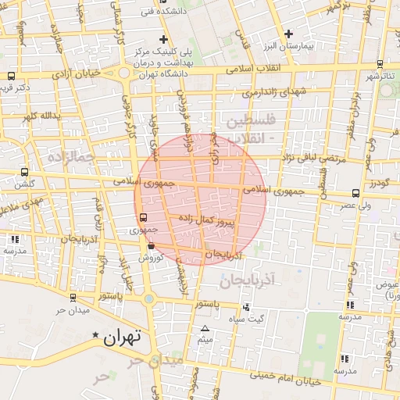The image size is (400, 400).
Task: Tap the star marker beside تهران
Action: pyautogui.click(x=96, y=335)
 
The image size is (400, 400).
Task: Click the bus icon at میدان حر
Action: pyautogui.click(x=73, y=298)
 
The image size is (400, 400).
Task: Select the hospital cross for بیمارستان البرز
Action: pyautogui.click(x=289, y=34)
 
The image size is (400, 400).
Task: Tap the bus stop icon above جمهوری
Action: pyautogui.click(x=142, y=218)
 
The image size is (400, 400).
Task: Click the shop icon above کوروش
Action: pyautogui.click(x=150, y=246)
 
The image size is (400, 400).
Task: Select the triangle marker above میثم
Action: pyautogui.click(x=205, y=329)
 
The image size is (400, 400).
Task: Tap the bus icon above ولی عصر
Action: pyautogui.click(x=356, y=193)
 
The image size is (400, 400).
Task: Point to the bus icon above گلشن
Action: pyautogui.click(x=24, y=172)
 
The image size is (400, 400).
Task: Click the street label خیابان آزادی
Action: pyautogui.click(x=77, y=74)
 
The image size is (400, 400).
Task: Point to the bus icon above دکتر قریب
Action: pyautogui.click(x=11, y=77)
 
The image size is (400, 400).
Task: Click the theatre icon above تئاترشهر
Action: pyautogui.click(x=380, y=64)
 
